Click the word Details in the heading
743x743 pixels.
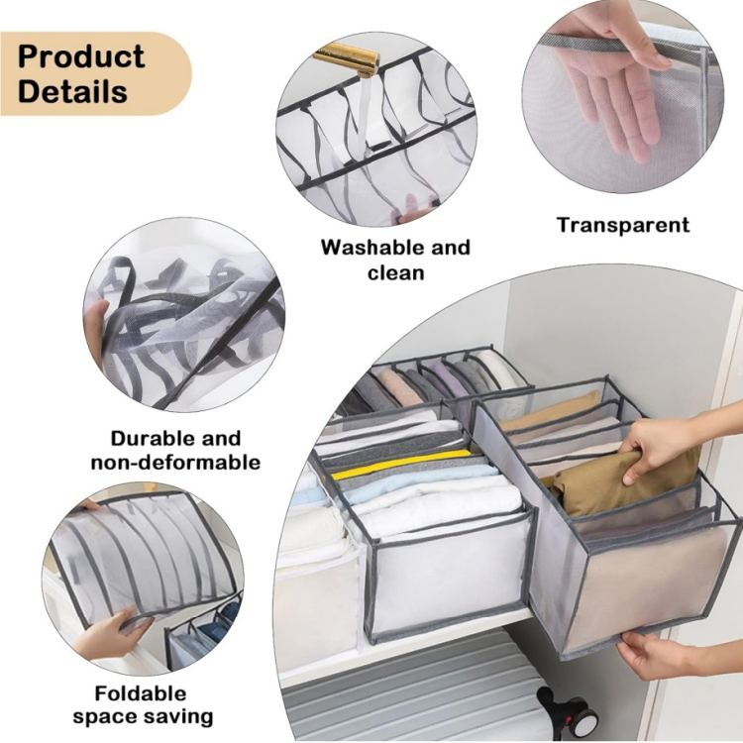point(73,92)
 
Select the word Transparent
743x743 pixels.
point(622,225)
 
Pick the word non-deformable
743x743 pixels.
point(175,463)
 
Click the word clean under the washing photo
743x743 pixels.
point(396,272)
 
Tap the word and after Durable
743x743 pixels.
point(219,438)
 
